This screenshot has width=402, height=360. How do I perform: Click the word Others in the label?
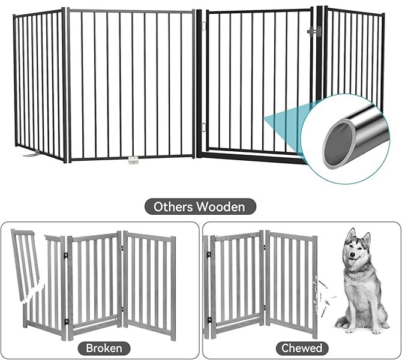click(x=173, y=206)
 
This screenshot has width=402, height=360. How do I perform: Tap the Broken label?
click(x=104, y=348)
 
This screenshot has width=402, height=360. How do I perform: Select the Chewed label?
click(x=302, y=348)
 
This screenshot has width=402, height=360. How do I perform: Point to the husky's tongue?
click(x=353, y=262)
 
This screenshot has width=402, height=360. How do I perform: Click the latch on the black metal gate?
click(x=314, y=31)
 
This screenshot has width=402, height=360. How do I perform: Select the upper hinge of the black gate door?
click(x=204, y=26)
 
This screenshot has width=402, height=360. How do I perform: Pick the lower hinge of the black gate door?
click(x=204, y=127)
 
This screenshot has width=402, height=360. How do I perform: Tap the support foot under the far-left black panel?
click(x=31, y=154)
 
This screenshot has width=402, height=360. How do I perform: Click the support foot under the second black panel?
click(x=134, y=160)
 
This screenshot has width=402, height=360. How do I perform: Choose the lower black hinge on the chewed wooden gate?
click(x=209, y=320)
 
